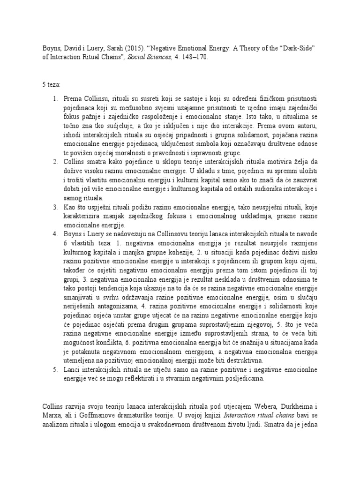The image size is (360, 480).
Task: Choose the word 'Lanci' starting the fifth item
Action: click(x=72, y=370)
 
